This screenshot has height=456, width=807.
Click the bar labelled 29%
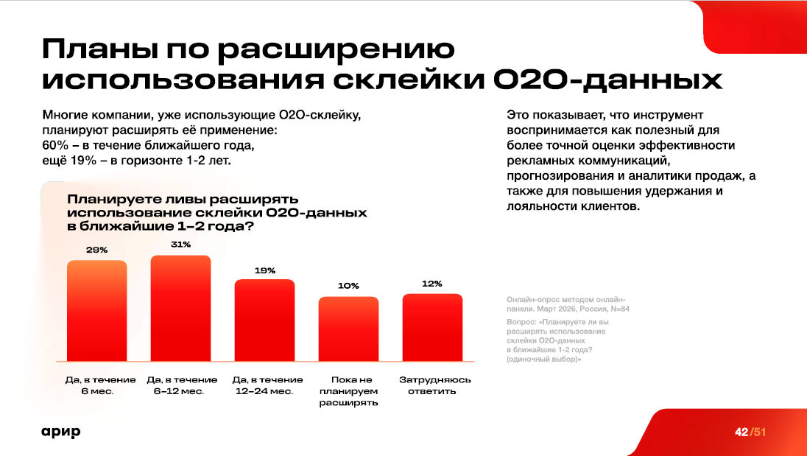coord(97,312)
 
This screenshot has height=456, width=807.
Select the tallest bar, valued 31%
coord(181,309)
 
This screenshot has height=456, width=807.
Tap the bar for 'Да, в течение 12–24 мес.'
coord(264,321)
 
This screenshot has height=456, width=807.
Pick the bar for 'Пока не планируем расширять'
coord(348,329)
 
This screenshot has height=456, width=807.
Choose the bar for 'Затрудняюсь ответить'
coord(432,328)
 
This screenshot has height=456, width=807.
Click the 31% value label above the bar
coord(181,245)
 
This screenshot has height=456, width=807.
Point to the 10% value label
coord(348,286)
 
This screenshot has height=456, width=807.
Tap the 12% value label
coord(432,283)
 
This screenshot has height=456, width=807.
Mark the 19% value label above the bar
coord(265,270)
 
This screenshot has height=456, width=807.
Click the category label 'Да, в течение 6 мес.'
coord(97,385)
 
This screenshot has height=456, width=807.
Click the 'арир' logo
coord(61,432)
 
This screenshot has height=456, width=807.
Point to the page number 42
coord(741,432)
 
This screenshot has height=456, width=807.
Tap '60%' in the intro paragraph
coord(55,144)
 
